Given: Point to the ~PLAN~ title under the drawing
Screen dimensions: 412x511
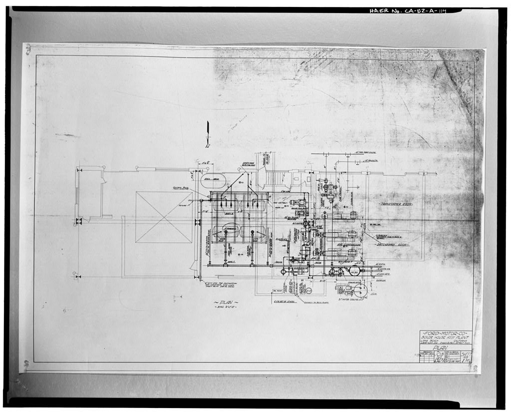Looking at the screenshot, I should tap(226, 302).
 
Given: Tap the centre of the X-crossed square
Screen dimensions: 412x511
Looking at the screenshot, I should tap(164, 217).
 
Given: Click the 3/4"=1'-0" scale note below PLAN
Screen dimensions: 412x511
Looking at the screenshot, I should tap(226, 308).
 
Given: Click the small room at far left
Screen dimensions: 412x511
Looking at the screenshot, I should tap(90, 193).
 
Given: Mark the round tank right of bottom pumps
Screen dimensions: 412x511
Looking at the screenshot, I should tap(354, 271).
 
